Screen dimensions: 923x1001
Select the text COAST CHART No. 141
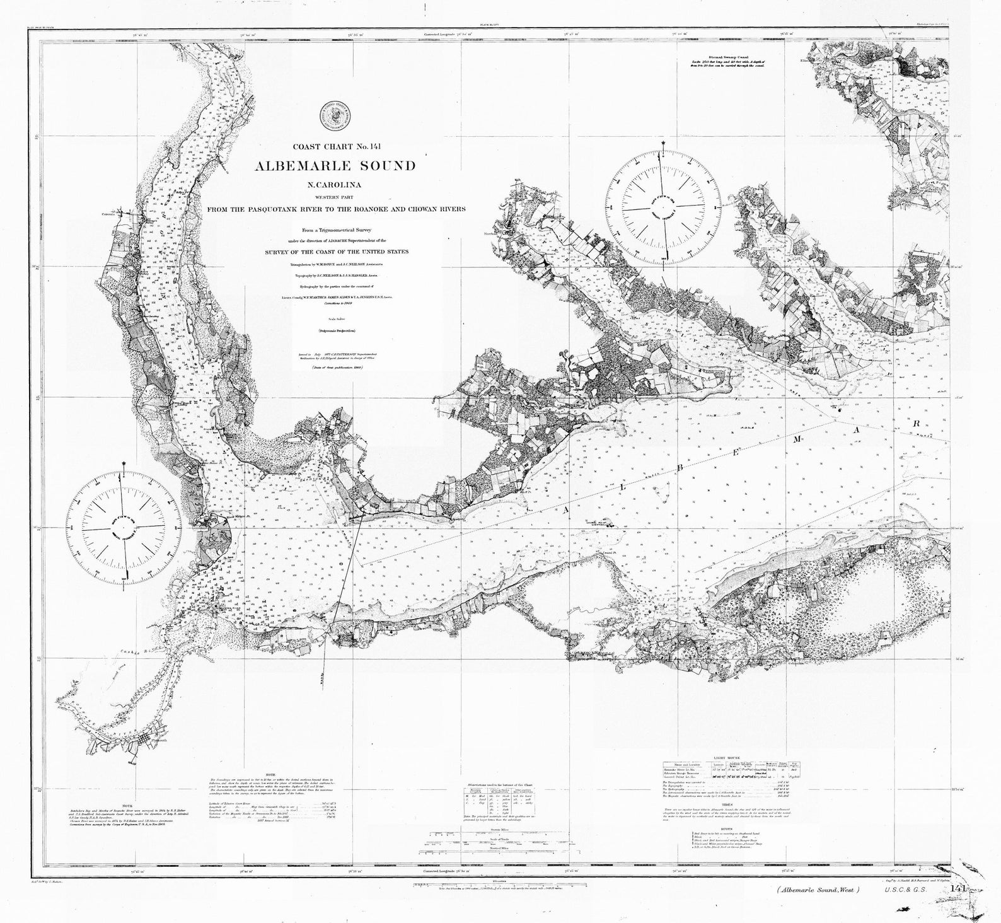point(334,148)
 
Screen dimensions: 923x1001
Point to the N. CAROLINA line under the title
point(335,185)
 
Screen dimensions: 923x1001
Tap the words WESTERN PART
point(335,197)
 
